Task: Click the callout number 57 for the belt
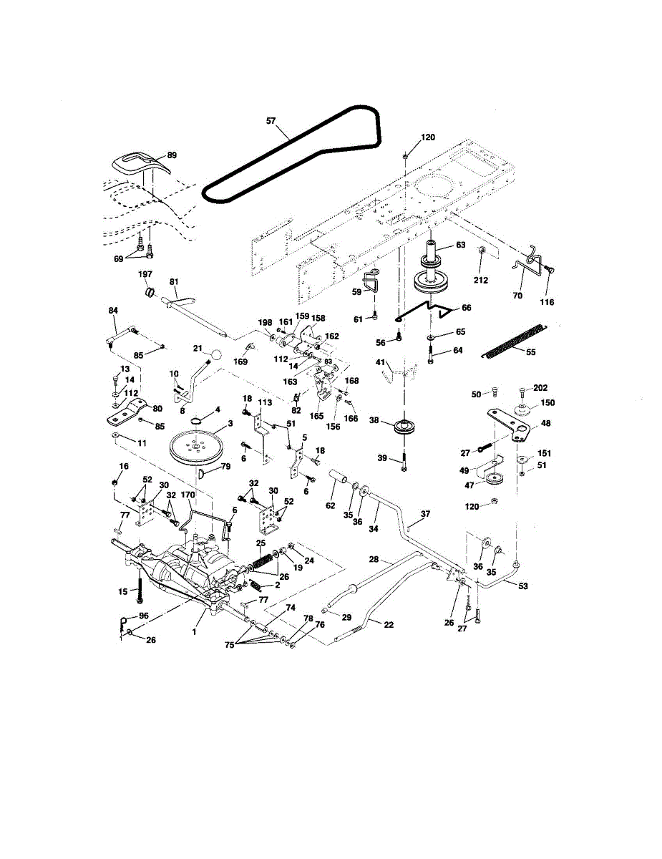click(x=271, y=122)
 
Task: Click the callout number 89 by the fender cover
click(x=172, y=155)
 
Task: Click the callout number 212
click(x=481, y=280)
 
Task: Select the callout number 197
click(x=145, y=275)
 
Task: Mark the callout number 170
click(x=188, y=494)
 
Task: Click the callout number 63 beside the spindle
click(x=461, y=246)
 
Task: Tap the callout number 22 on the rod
click(x=389, y=624)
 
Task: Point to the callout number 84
click(x=112, y=310)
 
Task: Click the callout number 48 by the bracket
click(x=546, y=423)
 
